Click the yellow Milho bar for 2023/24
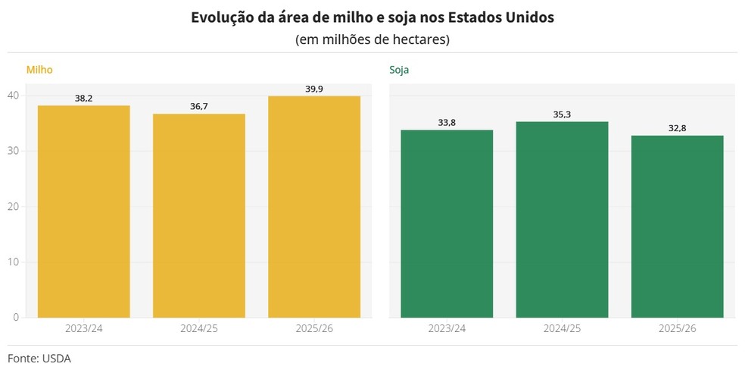(x=83, y=212)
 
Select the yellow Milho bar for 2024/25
(x=199, y=215)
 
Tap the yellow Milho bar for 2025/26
(x=314, y=207)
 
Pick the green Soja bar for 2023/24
(x=447, y=224)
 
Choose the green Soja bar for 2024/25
(x=562, y=220)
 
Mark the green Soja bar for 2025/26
(x=677, y=227)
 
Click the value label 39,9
(x=314, y=89)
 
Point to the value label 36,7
(x=199, y=107)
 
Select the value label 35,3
(x=562, y=114)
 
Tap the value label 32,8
(x=677, y=128)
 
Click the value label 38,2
(x=83, y=99)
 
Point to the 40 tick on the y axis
(x=13, y=96)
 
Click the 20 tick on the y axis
(x=13, y=206)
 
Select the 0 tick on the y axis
(x=16, y=317)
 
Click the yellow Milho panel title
(x=39, y=70)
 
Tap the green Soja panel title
(x=400, y=70)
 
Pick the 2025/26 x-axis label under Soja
(x=677, y=329)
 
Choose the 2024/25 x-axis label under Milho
(x=199, y=329)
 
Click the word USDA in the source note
(x=57, y=358)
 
